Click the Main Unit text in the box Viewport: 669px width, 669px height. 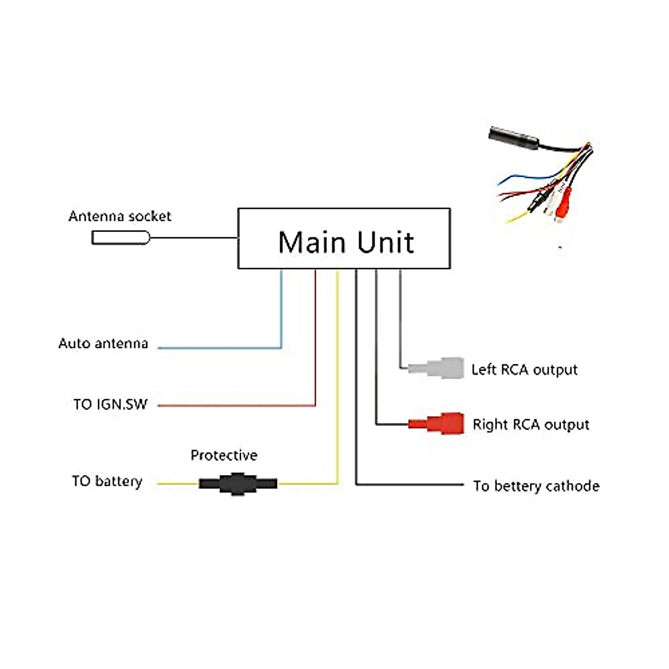tap(346, 242)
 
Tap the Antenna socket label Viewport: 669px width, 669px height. tap(120, 216)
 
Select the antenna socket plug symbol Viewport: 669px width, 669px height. tap(120, 238)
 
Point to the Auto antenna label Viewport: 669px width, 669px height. tap(103, 343)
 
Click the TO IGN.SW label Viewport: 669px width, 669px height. tap(110, 404)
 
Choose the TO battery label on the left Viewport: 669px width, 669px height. tap(107, 481)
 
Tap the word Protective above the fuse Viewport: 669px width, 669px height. tap(224, 455)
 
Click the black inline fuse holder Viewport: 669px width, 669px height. tap(238, 483)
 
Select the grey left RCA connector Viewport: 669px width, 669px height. tap(436, 367)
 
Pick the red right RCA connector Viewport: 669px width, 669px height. tap(436, 424)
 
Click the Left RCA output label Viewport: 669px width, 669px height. tap(524, 370)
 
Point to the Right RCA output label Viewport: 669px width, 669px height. tap(531, 425)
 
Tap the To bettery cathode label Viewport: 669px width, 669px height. tap(536, 486)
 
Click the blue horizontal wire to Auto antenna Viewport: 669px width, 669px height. tap(220, 347)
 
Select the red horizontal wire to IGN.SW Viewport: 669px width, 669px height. tap(236, 405)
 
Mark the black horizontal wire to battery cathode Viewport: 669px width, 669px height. tap(410, 484)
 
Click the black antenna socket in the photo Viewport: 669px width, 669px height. tap(514, 138)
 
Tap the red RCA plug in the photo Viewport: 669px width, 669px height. tap(563, 207)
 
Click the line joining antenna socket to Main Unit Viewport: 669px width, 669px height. tap(193, 238)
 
